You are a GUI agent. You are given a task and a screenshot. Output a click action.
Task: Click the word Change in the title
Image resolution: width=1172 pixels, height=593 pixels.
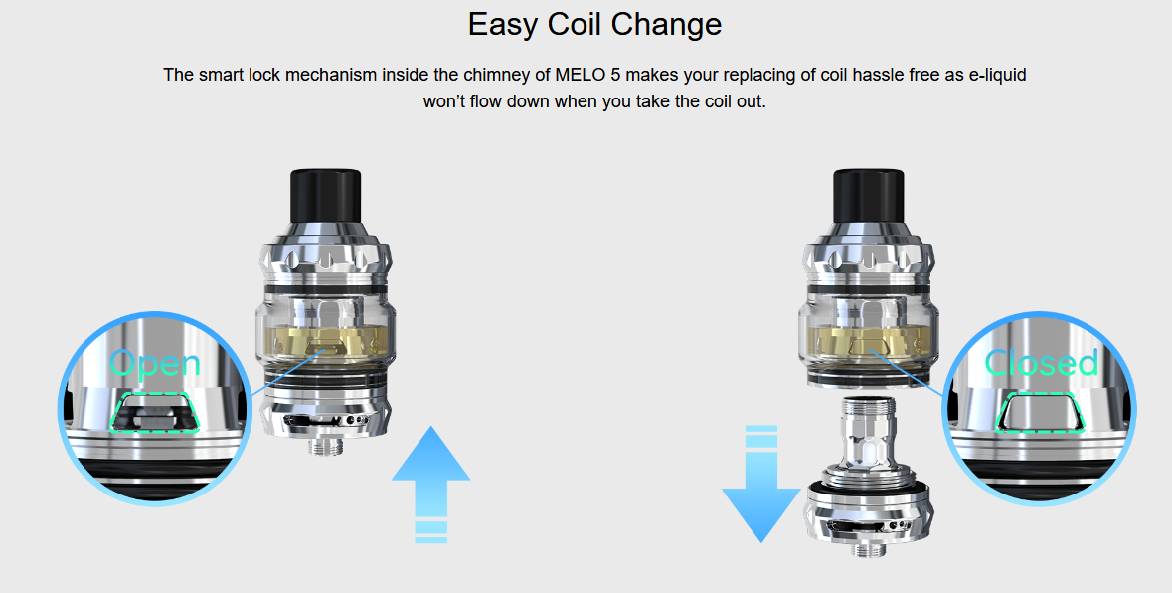coord(672,24)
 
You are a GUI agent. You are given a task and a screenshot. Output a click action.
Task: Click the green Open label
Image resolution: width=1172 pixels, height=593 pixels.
coord(155,364)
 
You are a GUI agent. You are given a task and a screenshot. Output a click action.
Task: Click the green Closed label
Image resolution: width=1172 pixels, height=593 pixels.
coord(1042,363)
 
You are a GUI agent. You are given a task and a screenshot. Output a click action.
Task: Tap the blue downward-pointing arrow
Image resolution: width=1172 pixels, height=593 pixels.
coord(760,488)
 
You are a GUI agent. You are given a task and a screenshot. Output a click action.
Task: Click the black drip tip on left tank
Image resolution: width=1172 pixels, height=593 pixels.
coord(320,203)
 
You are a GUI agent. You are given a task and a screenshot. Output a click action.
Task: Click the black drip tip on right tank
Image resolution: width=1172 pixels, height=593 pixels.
coord(864,203)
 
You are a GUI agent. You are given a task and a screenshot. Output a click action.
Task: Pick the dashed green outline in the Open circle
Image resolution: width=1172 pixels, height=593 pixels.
coord(154,412)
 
